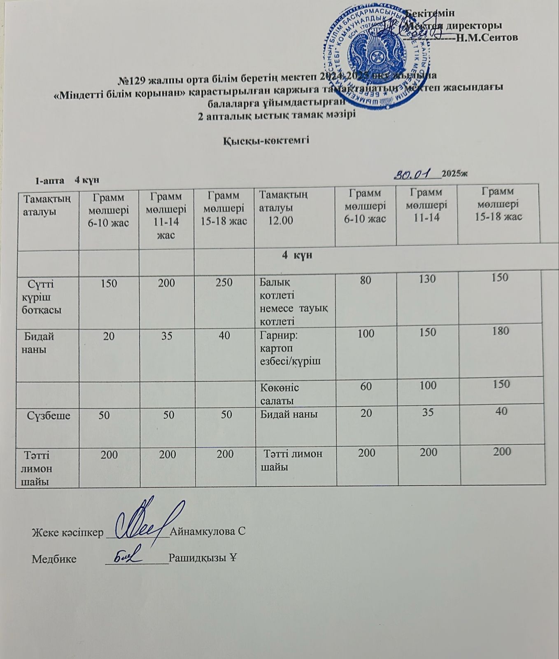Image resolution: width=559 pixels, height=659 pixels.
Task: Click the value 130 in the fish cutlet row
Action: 427,279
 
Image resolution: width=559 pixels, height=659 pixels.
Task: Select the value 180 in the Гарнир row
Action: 500,331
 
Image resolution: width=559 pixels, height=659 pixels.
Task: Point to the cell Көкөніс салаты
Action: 280,394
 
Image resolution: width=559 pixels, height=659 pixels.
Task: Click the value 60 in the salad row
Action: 366,386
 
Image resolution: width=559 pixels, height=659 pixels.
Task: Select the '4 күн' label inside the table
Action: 297,255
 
